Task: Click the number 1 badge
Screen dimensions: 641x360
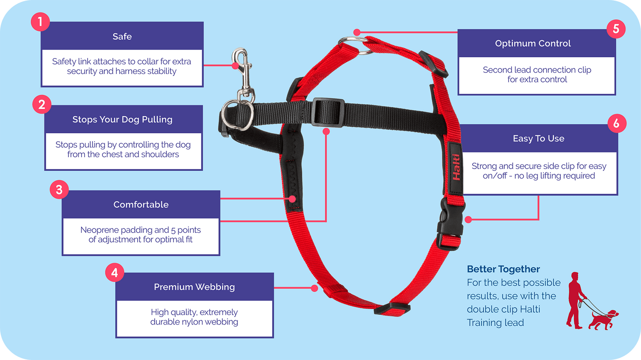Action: [40, 22]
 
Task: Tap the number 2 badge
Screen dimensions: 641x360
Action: [42, 104]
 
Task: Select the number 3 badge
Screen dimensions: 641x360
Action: [59, 190]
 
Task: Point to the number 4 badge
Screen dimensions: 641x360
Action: [115, 272]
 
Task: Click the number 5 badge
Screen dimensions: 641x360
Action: [616, 29]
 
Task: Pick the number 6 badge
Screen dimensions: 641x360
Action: [617, 123]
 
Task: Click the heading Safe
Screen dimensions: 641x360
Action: [122, 37]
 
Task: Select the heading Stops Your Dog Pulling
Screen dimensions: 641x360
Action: [123, 119]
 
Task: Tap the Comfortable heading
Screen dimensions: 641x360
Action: [141, 205]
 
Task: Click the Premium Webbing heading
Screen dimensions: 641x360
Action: [194, 287]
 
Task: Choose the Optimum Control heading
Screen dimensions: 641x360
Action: [533, 44]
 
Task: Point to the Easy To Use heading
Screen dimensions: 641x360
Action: [538, 138]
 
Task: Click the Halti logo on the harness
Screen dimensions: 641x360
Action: [456, 167]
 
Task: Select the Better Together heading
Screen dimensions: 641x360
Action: [503, 269]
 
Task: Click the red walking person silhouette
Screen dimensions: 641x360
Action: [575, 300]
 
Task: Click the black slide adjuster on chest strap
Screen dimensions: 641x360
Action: [328, 112]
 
